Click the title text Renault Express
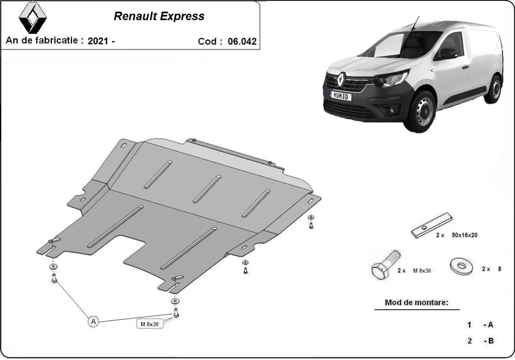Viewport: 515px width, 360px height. pyautogui.click(x=159, y=16)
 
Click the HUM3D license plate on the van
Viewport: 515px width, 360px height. pyautogui.click(x=340, y=96)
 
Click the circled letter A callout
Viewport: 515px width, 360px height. pyautogui.click(x=93, y=321)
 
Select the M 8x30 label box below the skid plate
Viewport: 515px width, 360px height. pyautogui.click(x=150, y=324)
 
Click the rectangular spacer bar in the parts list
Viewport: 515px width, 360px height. pyautogui.click(x=431, y=225)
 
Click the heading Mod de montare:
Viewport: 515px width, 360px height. pyautogui.click(x=416, y=303)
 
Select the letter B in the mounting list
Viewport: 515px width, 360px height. pyautogui.click(x=491, y=341)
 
